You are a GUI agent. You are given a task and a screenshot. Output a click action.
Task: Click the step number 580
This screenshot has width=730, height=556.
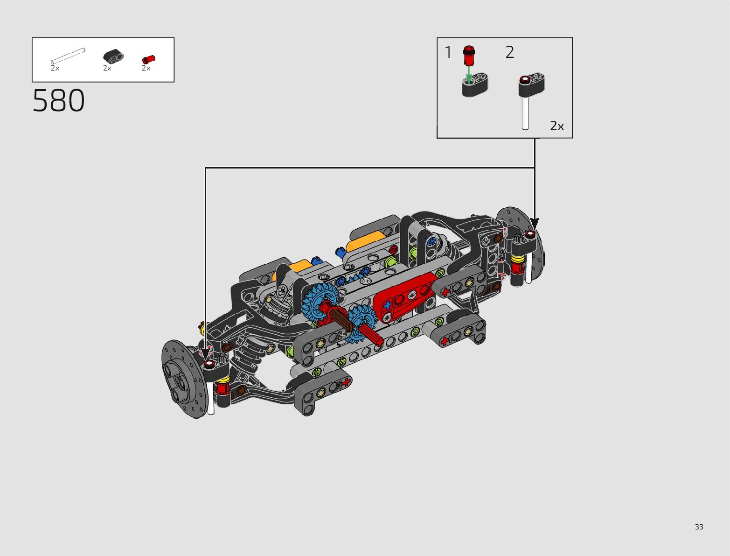click(x=58, y=100)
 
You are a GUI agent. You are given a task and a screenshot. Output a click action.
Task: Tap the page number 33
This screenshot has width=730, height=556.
click(x=699, y=527)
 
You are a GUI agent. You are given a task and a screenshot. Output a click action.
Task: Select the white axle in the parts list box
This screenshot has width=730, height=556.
click(x=68, y=56)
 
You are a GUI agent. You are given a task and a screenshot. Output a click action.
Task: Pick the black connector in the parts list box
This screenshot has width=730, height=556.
click(x=113, y=56)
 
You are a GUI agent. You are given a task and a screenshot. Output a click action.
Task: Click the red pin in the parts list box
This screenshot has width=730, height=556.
click(x=149, y=59)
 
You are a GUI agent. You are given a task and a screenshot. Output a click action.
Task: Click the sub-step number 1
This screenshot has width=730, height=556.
click(x=448, y=53)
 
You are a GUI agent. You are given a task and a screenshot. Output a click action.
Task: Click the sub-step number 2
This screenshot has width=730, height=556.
click(x=510, y=53)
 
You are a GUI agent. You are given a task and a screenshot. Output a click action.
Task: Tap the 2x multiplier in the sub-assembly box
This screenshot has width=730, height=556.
click(x=557, y=126)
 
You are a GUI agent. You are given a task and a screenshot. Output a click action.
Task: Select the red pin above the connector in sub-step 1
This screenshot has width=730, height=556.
click(x=469, y=56)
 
